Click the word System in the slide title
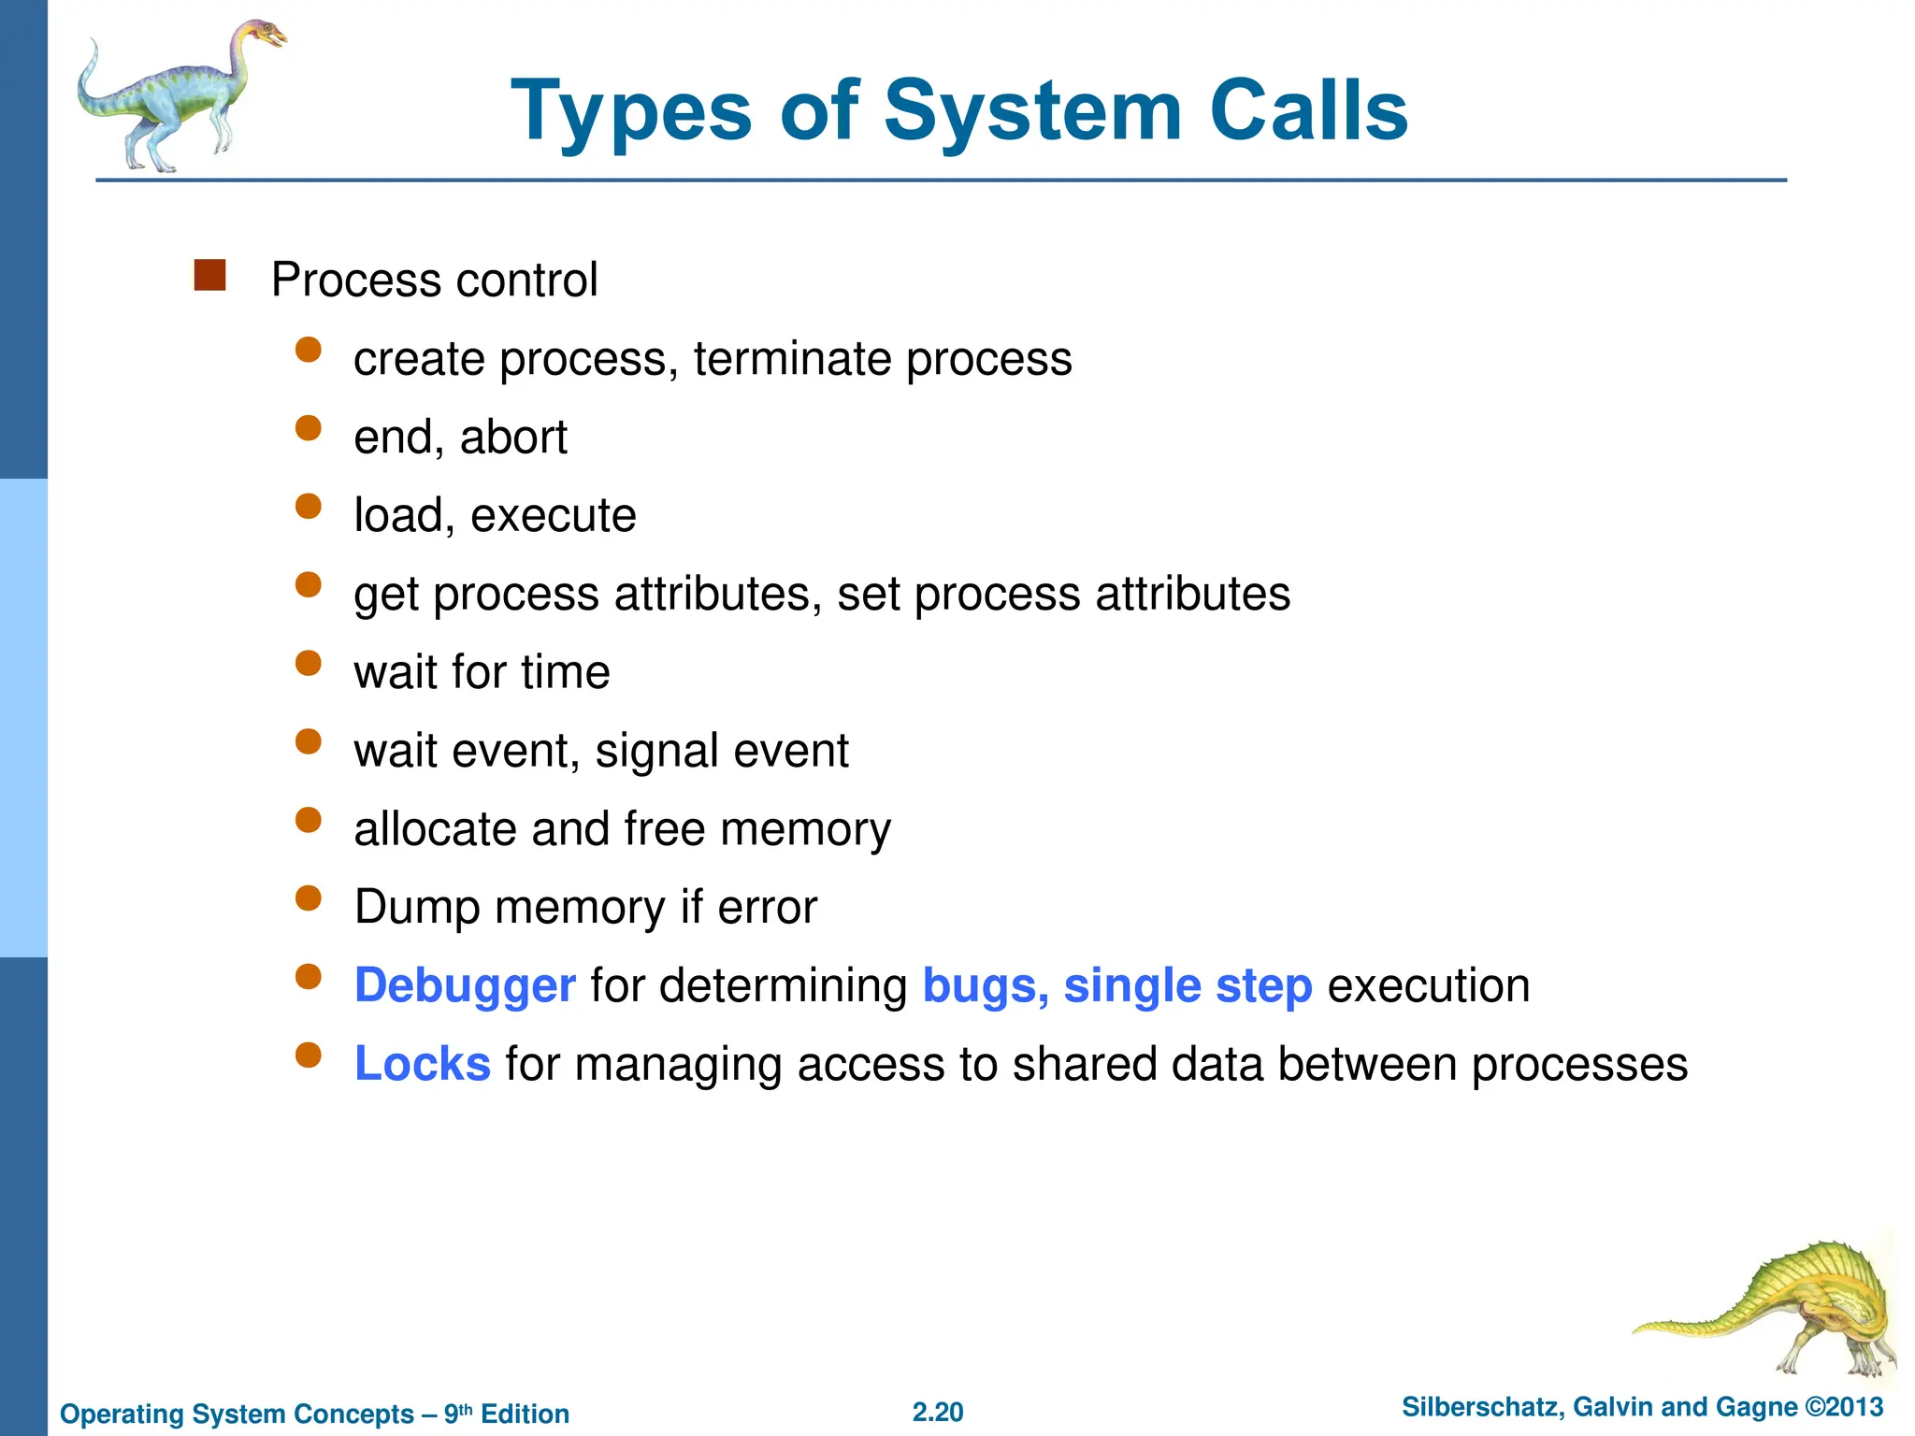pyautogui.click(x=1033, y=112)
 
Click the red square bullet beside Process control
pyautogui.click(x=209, y=276)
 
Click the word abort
pyautogui.click(x=513, y=438)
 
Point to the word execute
pyautogui.click(x=553, y=516)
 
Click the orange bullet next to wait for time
pyautogui.click(x=308, y=664)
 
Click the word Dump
pyautogui.click(x=417, y=908)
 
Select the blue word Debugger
pyautogui.click(x=465, y=986)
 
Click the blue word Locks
pyautogui.click(x=423, y=1065)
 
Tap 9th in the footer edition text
pyautogui.click(x=457, y=1414)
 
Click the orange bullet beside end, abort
pyautogui.click(x=308, y=428)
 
